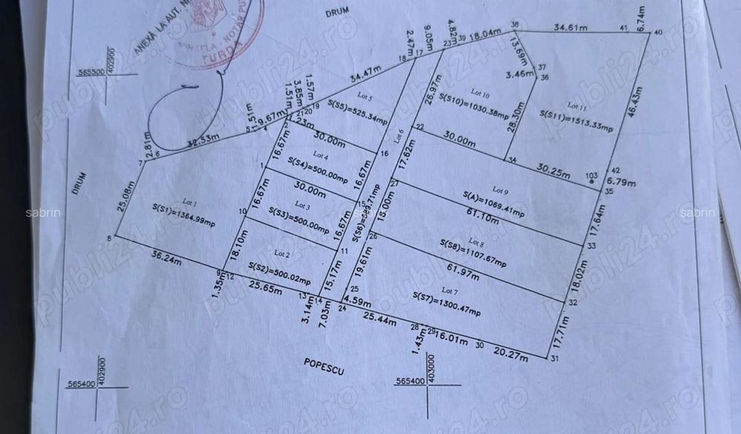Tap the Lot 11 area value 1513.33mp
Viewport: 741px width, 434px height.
click(x=576, y=120)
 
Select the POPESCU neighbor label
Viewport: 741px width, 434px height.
click(x=324, y=366)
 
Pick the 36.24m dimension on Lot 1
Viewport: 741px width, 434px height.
click(x=167, y=256)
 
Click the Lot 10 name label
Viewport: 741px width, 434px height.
click(x=480, y=93)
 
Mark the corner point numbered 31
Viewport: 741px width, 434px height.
click(x=555, y=358)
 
